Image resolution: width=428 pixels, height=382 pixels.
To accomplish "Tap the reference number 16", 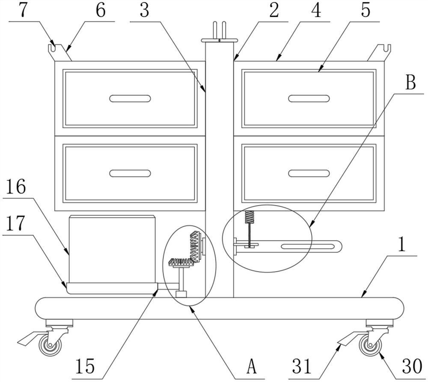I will (16, 187).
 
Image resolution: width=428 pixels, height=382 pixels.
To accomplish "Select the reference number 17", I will (16, 223).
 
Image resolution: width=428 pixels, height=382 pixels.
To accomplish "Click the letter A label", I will (251, 367).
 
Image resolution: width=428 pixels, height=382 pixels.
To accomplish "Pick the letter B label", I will (410, 83).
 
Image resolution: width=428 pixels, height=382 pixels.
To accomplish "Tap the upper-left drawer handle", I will (130, 99).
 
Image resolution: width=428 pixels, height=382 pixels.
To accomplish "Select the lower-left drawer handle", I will (130, 173).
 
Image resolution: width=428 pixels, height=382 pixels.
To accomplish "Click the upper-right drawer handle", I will (309, 99).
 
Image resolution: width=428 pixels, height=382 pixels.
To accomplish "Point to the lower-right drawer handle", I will (309, 173).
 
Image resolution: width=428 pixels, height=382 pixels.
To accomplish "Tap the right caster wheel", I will (369, 345).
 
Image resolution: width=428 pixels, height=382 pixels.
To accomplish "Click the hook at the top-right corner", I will (383, 50).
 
